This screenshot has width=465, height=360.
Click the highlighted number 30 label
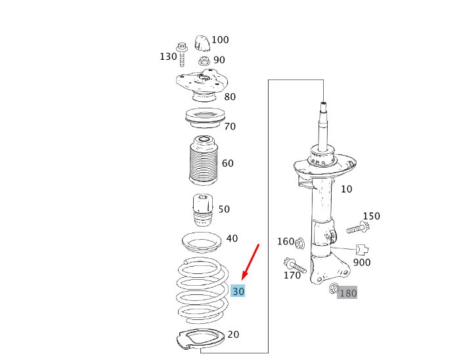[x=238, y=291]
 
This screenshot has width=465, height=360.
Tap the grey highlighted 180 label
[x=347, y=293]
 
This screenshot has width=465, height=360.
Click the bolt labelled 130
[x=182, y=55]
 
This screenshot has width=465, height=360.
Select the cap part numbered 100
[x=202, y=43]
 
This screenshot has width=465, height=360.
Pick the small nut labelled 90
[x=204, y=61]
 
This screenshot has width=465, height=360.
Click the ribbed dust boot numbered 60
[x=202, y=160]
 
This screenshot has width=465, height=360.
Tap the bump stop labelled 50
[x=203, y=210]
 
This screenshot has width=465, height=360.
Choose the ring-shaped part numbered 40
[x=202, y=242]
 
